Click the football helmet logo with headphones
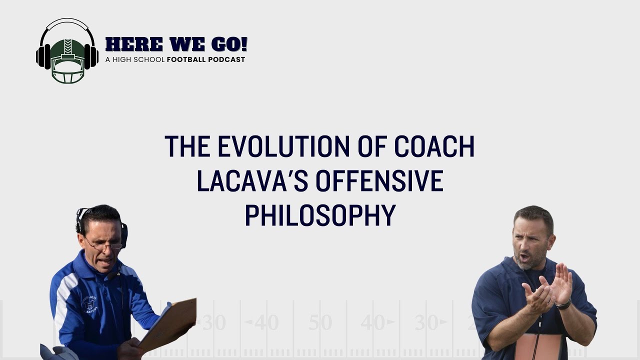coord(67,51)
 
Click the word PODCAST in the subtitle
coord(228,59)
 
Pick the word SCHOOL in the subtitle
coord(150,59)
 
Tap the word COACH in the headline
coord(434,146)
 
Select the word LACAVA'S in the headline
coord(252,181)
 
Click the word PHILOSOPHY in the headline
coord(319,215)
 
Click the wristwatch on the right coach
coord(563,304)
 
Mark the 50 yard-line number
coord(320,323)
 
